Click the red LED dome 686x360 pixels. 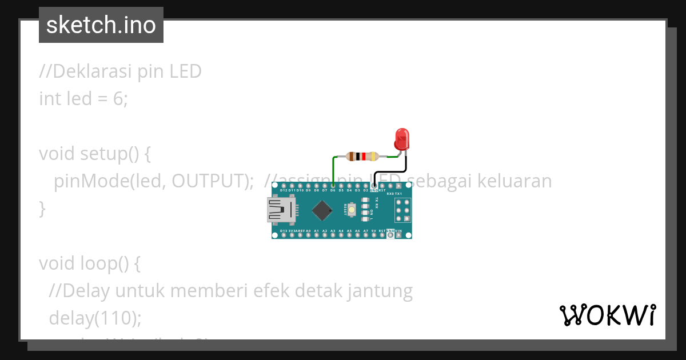pos(402,139)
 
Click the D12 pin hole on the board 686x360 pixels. pos(283,186)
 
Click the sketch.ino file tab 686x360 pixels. pos(101,25)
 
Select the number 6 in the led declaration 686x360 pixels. pos(118,99)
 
